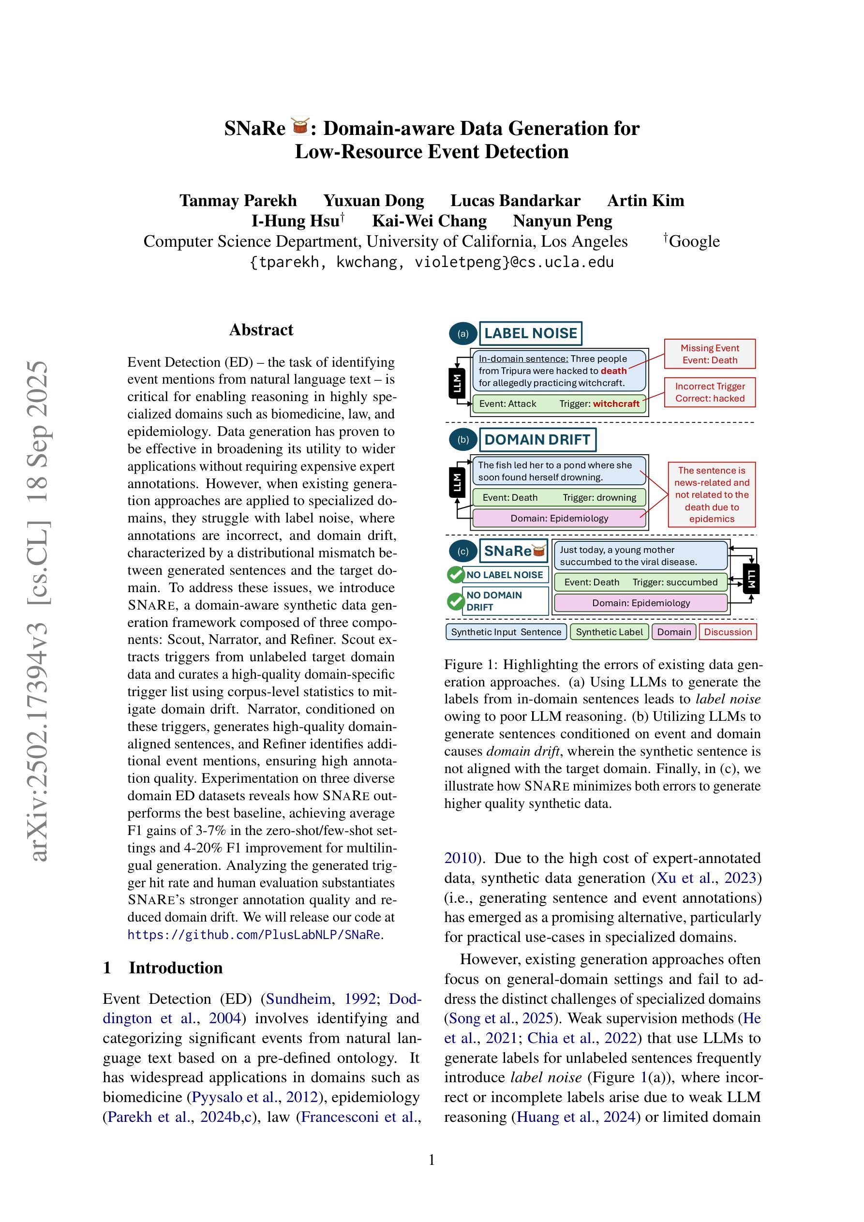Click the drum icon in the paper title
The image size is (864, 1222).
[x=300, y=127]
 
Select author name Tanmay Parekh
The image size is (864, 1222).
[x=238, y=201]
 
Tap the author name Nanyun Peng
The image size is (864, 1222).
[x=562, y=221]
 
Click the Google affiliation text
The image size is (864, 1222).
[x=694, y=241]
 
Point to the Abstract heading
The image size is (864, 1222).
[x=261, y=330]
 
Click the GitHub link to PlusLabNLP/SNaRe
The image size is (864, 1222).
[x=254, y=935]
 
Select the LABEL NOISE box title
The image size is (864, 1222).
[x=530, y=334]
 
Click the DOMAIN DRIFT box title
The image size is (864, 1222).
[x=537, y=440]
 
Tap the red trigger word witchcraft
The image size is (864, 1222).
[x=616, y=404]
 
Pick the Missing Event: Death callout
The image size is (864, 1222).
[x=710, y=354]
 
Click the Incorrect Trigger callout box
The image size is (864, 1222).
[x=710, y=392]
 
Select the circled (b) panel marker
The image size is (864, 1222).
[x=463, y=440]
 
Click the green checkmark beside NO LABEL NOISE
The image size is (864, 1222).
[x=456, y=575]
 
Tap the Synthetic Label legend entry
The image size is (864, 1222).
[x=609, y=632]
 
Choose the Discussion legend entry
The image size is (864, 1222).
[x=728, y=632]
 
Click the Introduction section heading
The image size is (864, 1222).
[x=175, y=968]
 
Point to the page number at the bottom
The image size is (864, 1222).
[x=432, y=1160]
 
